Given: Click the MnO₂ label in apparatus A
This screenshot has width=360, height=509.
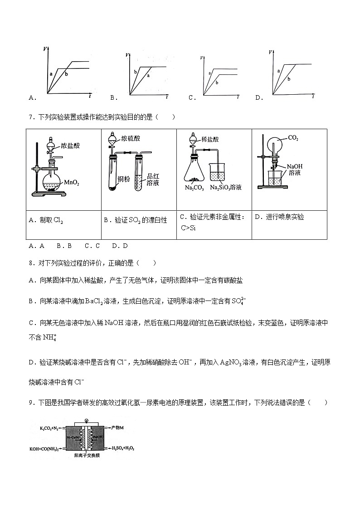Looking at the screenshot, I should coord(72,184).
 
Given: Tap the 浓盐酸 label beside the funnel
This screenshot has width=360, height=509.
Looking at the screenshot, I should coord(71,145).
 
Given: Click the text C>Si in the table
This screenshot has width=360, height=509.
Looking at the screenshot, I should coord(188,228).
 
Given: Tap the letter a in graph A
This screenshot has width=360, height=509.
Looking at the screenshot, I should coord(51,73).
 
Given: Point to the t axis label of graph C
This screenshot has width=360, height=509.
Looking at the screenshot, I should coord(238,97).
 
